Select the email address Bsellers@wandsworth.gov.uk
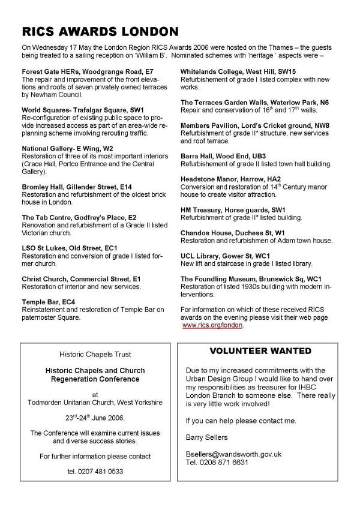click(x=233, y=454)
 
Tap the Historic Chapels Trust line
click(x=100, y=355)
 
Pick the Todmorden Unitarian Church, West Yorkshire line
click(x=100, y=403)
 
